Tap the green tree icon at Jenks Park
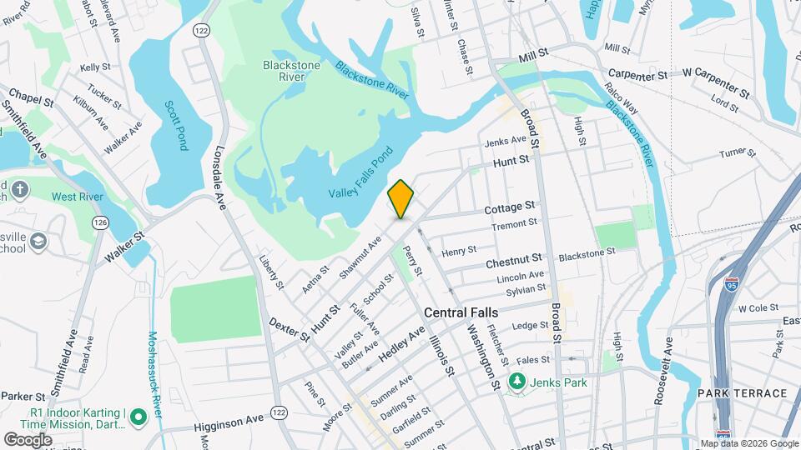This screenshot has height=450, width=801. (516, 382)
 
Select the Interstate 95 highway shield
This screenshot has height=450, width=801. (732, 285)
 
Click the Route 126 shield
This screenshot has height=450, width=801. (101, 222)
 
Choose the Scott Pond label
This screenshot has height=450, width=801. (176, 126)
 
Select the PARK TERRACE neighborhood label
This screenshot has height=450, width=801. (743, 392)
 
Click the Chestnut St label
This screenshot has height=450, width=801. (514, 262)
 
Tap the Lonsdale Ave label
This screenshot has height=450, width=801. (221, 172)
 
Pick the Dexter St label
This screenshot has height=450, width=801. (290, 332)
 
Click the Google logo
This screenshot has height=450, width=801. (28, 439)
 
